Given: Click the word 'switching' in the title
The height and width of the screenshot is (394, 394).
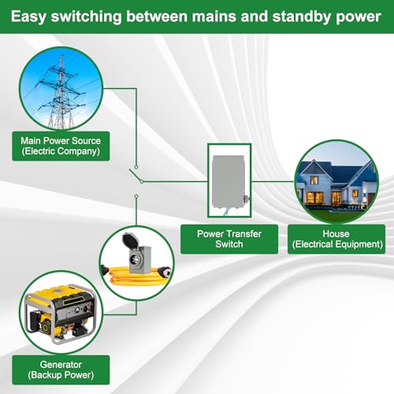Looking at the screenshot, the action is point(86,17).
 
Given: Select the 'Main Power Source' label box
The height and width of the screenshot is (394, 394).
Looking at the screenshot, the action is point(61,146).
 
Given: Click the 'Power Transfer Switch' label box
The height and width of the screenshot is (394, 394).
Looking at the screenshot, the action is point(229,239).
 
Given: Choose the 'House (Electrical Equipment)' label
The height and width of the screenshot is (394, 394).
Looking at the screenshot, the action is point(336,239).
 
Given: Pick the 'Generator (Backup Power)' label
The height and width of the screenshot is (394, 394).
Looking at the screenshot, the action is point(61,370).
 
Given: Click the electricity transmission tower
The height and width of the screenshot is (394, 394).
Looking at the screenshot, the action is point(61,93).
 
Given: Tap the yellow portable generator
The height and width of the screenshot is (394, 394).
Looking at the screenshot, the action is point(60,314).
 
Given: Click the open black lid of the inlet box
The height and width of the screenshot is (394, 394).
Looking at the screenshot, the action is point(130,240).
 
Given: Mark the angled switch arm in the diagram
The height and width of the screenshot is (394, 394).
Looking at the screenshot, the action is point(136,176).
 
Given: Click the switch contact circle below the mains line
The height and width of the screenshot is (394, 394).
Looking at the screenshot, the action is point(136,167).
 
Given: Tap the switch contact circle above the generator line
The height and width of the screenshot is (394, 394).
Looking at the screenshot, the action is point(136,196).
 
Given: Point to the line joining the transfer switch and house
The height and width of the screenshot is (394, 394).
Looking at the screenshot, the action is point(273,181).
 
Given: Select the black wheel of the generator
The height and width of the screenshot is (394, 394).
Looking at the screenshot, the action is point(45,328).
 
